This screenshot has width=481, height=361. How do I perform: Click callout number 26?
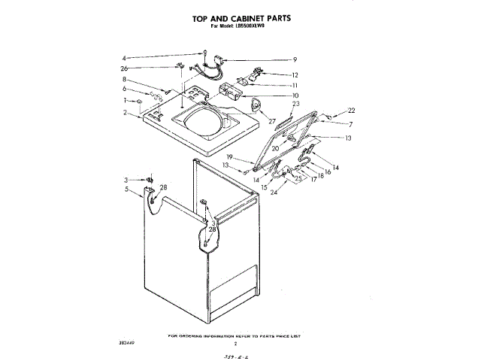point(126,69)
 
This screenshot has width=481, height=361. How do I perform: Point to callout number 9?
point(295,60)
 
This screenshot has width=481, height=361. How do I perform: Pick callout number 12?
point(295,74)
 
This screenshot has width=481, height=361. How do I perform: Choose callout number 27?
point(272,120)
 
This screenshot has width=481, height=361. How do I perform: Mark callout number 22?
point(351,111)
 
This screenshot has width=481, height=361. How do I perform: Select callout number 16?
point(328,172)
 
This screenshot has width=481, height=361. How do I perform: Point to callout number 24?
point(274,193)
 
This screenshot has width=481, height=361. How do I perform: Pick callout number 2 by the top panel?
point(126,113)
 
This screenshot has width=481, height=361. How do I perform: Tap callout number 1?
point(126,101)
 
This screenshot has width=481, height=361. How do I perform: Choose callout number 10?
point(295,96)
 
